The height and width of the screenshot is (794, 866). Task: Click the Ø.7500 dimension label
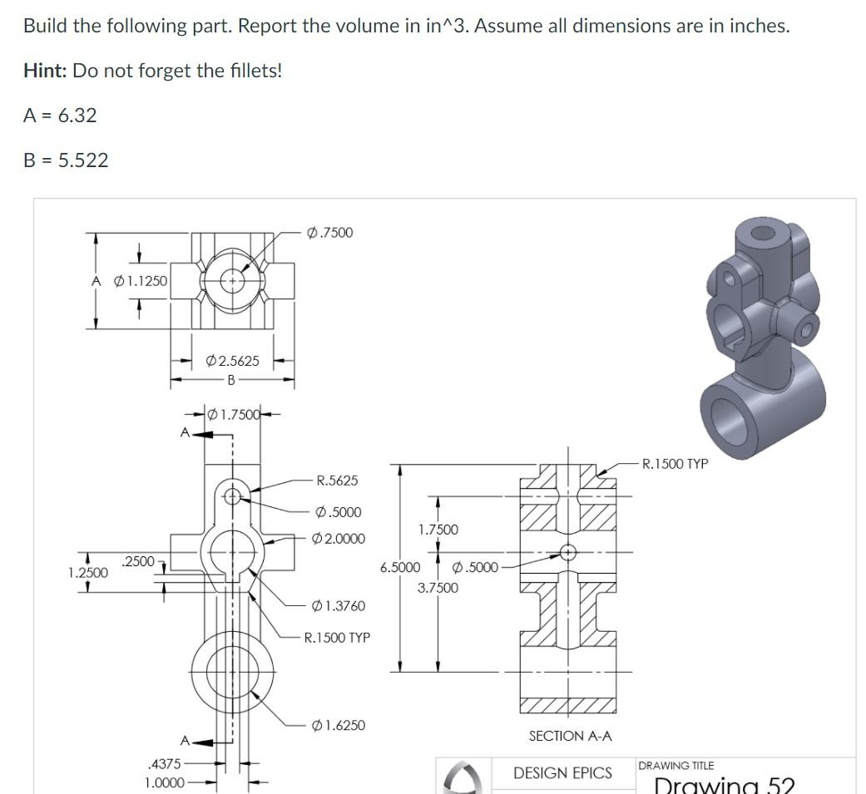(x=330, y=233)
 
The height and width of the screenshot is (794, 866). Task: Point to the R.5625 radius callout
(x=337, y=481)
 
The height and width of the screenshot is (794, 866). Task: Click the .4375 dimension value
(x=162, y=762)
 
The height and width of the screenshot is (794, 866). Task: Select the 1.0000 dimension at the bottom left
(x=164, y=783)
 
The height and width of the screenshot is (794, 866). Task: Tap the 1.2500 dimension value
(x=87, y=573)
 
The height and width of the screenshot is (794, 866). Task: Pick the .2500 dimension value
(x=138, y=561)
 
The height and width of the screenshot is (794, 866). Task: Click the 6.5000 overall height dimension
(x=400, y=568)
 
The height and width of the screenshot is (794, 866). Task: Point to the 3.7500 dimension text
(x=438, y=588)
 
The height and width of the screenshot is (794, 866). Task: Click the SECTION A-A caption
(x=570, y=736)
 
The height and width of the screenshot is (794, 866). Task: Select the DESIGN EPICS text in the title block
(x=562, y=773)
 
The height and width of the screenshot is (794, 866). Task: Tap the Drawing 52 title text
(x=724, y=785)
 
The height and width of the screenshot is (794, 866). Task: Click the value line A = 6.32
(x=60, y=116)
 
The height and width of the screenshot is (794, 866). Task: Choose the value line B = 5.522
(x=66, y=160)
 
